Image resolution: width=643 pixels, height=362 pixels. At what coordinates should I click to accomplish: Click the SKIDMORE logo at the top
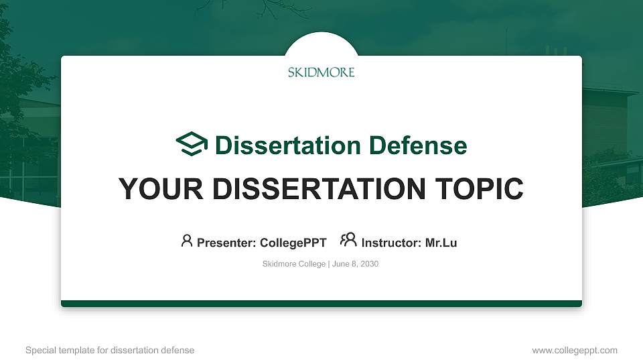click(321, 72)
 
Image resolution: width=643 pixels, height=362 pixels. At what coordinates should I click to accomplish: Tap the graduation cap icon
click(192, 144)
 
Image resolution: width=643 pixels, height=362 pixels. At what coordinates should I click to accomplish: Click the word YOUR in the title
click(156, 189)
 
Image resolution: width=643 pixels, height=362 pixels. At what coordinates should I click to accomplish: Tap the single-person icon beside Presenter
click(187, 241)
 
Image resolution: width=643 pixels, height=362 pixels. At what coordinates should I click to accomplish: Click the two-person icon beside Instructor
click(348, 241)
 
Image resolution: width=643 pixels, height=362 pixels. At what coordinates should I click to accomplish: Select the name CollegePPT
click(293, 243)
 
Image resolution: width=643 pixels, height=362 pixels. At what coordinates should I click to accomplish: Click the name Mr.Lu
click(441, 243)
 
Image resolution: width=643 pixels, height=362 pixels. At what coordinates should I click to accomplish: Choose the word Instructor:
click(392, 243)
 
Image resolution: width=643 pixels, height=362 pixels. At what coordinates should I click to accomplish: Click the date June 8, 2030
click(355, 264)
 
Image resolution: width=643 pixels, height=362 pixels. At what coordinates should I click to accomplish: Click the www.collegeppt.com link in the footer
click(574, 350)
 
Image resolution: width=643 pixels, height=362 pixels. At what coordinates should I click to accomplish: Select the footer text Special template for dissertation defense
click(109, 350)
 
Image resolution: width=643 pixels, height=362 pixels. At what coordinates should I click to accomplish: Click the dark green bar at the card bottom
click(321, 304)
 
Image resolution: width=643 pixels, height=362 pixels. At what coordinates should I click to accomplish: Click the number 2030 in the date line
click(369, 264)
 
